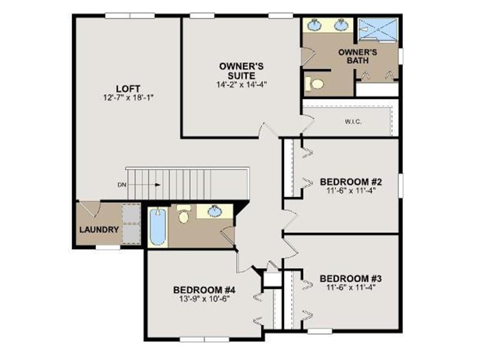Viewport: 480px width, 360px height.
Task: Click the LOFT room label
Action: pos(128,89)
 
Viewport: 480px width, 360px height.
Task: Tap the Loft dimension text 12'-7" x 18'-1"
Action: pos(128,97)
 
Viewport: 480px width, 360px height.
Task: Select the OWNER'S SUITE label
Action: pos(241,71)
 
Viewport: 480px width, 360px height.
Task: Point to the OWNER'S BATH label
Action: pos(358,56)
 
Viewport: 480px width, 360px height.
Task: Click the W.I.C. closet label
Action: pos(353,121)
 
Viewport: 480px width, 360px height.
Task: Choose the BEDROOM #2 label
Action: pos(351,182)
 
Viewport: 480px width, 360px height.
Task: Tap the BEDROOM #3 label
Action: pos(351,279)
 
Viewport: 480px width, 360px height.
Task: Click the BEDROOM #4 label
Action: pos(204,290)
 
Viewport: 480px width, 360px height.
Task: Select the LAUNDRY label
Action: pos(99,230)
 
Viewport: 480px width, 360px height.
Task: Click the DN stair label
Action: pos(122,185)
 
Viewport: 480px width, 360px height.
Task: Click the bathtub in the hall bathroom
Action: pos(158,226)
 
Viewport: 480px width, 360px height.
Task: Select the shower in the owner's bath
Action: pos(378,30)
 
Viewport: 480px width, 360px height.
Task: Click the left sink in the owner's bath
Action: pos(315,25)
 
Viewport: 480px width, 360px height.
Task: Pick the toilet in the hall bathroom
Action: pos(184,214)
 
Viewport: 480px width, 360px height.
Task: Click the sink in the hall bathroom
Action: pos(215,211)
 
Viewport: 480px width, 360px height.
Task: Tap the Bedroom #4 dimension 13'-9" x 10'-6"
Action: pos(204,299)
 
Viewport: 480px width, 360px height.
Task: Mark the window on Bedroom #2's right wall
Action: pos(400,186)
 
